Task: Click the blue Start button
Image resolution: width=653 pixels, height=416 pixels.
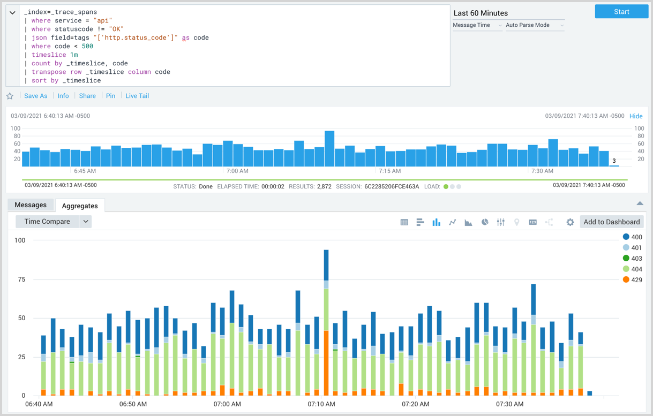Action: [x=621, y=12]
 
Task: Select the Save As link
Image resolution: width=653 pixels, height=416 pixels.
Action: [x=36, y=96]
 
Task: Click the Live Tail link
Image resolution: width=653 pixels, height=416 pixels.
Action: [x=137, y=96]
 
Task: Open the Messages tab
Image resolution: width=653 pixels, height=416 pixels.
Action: [x=31, y=205]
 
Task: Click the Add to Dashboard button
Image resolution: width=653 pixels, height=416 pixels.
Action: [x=611, y=222]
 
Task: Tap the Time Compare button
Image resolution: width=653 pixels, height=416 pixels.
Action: [x=47, y=222]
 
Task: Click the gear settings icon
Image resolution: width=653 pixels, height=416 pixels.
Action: [x=570, y=222]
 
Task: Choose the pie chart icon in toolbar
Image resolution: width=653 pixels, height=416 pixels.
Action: [x=484, y=222]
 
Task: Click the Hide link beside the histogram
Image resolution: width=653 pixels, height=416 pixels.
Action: [x=636, y=116]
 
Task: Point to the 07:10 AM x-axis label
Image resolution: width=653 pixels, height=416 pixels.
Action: [x=321, y=404]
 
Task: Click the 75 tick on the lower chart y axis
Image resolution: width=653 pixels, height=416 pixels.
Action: [x=20, y=279]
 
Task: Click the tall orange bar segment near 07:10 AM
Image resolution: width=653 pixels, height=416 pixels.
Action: [x=326, y=364]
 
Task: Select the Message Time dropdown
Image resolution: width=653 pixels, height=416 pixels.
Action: [x=477, y=25]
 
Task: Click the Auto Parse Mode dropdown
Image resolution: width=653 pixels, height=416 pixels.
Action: [x=535, y=25]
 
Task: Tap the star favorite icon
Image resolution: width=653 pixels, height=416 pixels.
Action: [x=10, y=96]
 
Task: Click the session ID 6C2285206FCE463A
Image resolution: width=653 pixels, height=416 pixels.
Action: [x=392, y=187]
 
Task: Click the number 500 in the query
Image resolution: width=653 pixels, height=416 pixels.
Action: [x=87, y=46]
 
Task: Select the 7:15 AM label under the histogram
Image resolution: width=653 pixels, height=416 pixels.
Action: [x=389, y=171]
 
